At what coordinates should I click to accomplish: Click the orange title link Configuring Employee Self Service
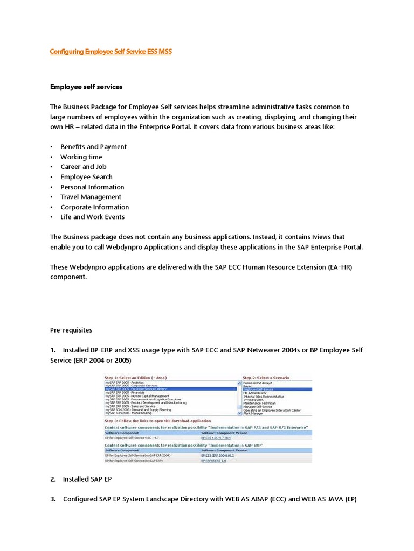[x=111, y=52]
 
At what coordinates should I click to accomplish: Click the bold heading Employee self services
[x=86, y=87]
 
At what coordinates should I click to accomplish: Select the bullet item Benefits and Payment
[x=93, y=147]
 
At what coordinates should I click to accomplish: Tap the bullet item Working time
[x=81, y=157]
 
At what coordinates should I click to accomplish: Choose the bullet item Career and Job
[x=84, y=167]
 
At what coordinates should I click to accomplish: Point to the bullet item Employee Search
[x=86, y=177]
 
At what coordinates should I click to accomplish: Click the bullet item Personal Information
[x=92, y=187]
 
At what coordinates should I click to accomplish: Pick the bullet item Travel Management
[x=91, y=197]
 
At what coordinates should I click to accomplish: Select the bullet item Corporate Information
[x=94, y=207]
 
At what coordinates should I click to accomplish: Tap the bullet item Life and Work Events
[x=92, y=217]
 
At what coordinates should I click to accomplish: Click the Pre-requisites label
[x=71, y=330]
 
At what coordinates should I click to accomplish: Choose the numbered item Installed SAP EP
[x=87, y=479]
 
